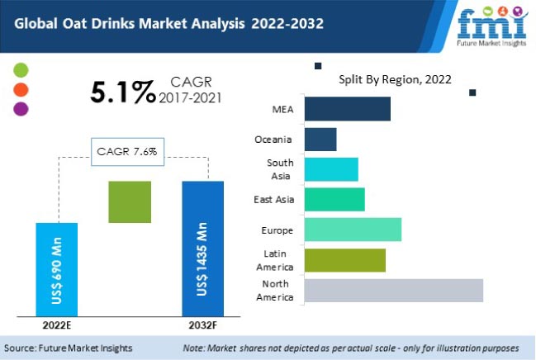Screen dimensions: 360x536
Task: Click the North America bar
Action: point(394,291)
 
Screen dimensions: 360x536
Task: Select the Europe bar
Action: point(353,230)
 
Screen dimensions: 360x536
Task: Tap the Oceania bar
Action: point(320,139)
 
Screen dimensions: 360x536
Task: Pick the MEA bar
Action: point(348,109)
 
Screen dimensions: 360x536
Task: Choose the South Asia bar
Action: point(331,169)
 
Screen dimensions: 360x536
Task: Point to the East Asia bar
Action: point(334,199)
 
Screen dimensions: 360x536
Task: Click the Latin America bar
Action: point(345,260)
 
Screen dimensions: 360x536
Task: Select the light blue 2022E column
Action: point(57,268)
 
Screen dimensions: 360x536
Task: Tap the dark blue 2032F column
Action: point(202,248)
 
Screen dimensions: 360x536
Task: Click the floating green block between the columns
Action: point(130,201)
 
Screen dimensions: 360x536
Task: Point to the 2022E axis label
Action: point(56,324)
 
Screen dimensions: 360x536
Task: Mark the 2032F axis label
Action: point(202,324)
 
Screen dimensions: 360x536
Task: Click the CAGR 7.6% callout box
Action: point(129,151)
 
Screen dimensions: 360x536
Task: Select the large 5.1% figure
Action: point(122,92)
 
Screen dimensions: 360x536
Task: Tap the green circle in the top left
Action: point(21,69)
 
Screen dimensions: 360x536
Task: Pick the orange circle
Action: point(21,88)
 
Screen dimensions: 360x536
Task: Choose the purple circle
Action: point(21,107)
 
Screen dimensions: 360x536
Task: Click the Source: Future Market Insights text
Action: point(69,348)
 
